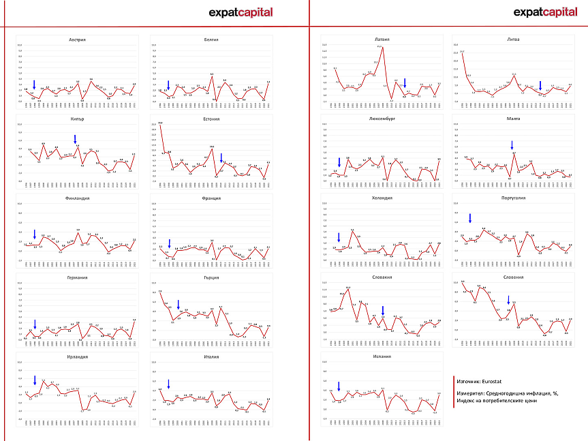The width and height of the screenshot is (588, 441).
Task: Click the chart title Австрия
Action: point(77,40)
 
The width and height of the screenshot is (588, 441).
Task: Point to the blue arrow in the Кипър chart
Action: point(75,139)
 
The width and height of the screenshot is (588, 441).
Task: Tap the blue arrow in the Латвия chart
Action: point(404,82)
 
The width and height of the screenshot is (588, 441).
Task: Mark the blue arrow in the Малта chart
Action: point(512,145)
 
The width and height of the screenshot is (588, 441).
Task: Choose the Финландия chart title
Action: point(77,198)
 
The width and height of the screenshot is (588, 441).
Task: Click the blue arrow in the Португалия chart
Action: point(469,218)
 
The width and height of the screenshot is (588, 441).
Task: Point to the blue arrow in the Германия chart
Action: point(34,324)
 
